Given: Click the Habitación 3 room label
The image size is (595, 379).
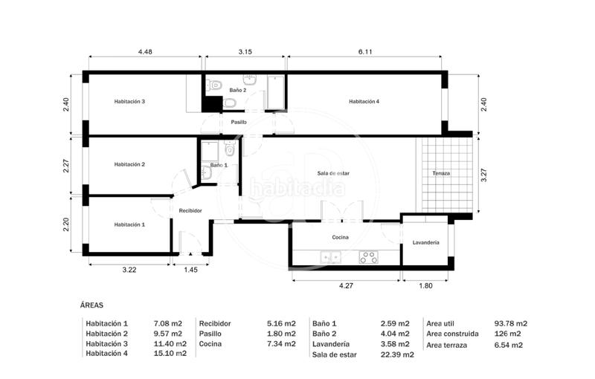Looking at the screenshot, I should (129, 101).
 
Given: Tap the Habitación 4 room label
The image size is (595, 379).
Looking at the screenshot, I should (364, 101).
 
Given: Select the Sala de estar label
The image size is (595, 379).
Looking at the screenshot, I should (333, 173).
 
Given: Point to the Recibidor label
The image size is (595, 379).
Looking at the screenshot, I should (190, 210).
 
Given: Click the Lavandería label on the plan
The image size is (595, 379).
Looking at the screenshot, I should (425, 243).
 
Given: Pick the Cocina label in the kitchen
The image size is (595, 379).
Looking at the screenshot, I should (340, 237).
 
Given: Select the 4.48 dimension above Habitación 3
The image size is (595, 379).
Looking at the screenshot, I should (145, 52).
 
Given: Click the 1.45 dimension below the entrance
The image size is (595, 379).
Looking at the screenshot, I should (190, 270).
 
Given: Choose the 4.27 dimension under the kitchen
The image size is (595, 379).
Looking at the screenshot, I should (346, 285).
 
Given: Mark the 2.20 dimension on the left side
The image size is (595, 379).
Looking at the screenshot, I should (66, 224).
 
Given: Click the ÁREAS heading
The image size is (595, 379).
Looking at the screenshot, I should (91, 305).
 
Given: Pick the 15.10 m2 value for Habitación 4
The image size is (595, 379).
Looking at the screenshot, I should (167, 354).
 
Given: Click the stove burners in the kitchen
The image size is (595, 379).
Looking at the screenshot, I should (368, 257).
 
